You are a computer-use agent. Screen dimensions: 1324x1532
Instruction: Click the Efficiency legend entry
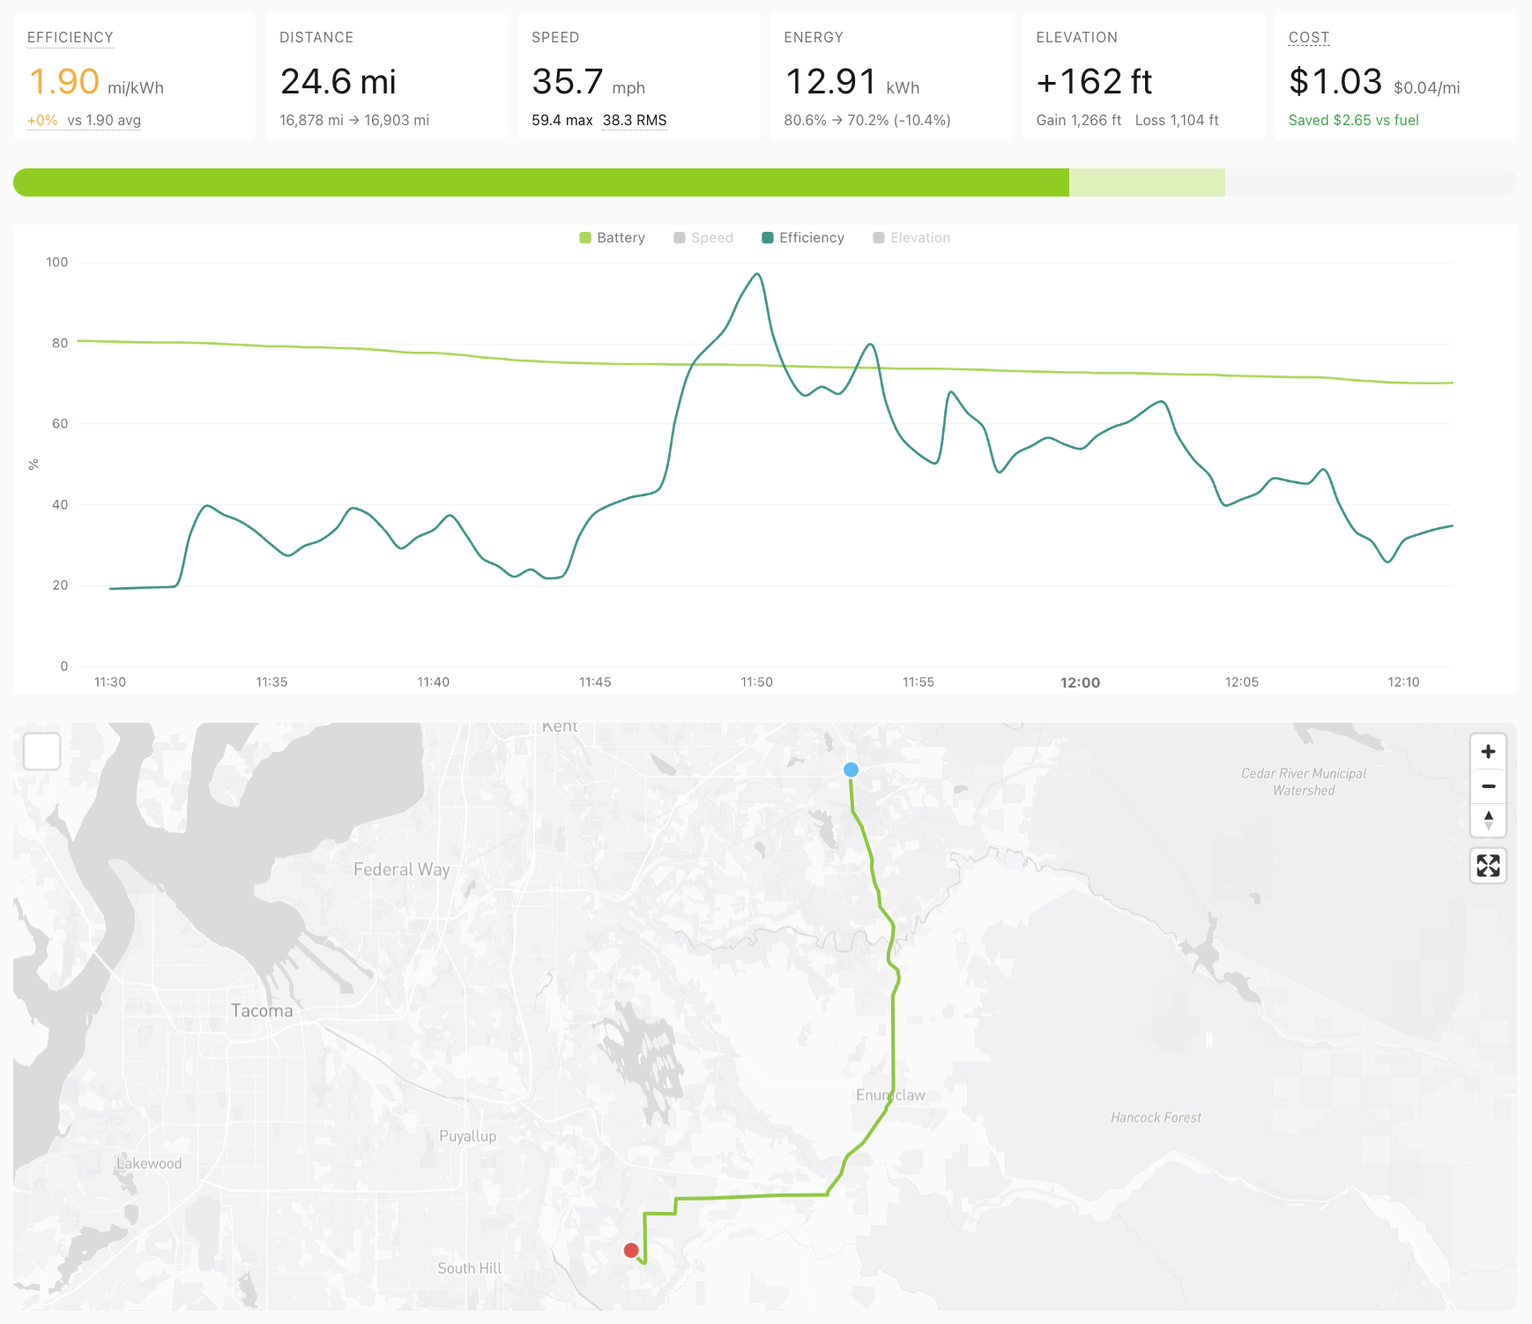803,238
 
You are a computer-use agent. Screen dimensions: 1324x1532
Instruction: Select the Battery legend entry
613,238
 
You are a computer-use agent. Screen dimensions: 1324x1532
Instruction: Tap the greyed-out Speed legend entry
703,238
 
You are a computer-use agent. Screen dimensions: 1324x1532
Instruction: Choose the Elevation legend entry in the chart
911,238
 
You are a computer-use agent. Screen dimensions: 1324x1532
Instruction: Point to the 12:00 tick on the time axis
1080,682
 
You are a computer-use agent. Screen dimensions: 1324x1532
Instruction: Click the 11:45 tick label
595,682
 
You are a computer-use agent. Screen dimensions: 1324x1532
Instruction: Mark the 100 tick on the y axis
57,262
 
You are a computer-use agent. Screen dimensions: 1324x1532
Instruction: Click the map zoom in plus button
1488,752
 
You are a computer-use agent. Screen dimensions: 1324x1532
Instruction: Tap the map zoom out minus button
1488,786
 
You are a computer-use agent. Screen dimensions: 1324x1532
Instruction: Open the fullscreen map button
1488,866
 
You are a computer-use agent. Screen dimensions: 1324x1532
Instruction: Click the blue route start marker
851,770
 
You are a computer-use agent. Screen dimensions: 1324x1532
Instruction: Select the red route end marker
631,1250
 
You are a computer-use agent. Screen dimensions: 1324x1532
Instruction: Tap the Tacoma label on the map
262,1011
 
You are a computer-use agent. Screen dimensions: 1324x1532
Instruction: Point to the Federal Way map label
402,870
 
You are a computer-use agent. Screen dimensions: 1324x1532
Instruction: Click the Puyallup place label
468,1136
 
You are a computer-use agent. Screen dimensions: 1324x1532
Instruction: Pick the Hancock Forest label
1156,1118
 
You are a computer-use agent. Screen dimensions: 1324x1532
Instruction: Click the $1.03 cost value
1335,82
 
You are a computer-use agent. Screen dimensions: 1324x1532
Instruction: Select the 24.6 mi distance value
338,82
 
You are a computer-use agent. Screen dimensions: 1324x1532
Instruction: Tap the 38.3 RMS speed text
635,120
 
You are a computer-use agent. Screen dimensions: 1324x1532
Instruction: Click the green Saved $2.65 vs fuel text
1353,120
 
